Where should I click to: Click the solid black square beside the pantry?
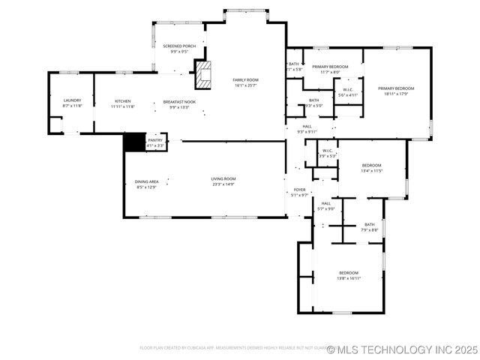point(133,142)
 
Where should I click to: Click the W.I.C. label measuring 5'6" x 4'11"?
point(348,92)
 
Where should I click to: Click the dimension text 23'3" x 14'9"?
point(223,184)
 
